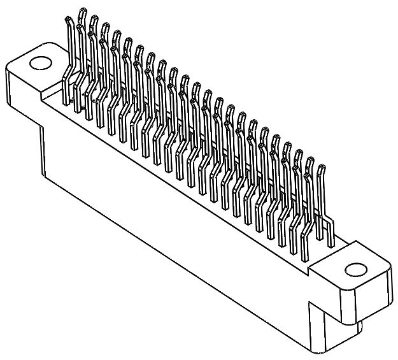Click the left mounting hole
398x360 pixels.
coord(39,63)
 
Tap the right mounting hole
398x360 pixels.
coord(353,269)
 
